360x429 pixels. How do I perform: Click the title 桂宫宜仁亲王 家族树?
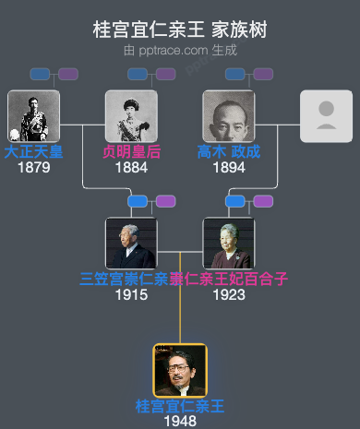180,30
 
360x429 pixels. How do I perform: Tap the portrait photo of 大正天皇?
33,115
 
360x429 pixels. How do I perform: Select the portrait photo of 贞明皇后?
131,115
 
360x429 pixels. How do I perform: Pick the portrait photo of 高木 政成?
229,115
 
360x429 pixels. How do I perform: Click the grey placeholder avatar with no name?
326,115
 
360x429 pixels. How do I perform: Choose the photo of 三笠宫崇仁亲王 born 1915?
131,244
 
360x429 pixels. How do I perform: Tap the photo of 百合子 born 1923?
229,244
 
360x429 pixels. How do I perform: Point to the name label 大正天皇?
33,152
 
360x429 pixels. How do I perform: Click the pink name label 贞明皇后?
131,152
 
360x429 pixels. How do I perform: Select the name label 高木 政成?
229,152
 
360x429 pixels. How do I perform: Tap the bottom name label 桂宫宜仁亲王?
180,407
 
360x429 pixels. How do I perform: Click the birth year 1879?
33,167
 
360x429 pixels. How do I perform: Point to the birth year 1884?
131,167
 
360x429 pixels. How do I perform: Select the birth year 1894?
229,167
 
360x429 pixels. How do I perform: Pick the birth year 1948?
180,421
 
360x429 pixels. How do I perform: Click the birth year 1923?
229,294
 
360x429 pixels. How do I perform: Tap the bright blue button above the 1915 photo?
138,201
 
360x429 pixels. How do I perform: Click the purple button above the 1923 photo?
263,201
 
